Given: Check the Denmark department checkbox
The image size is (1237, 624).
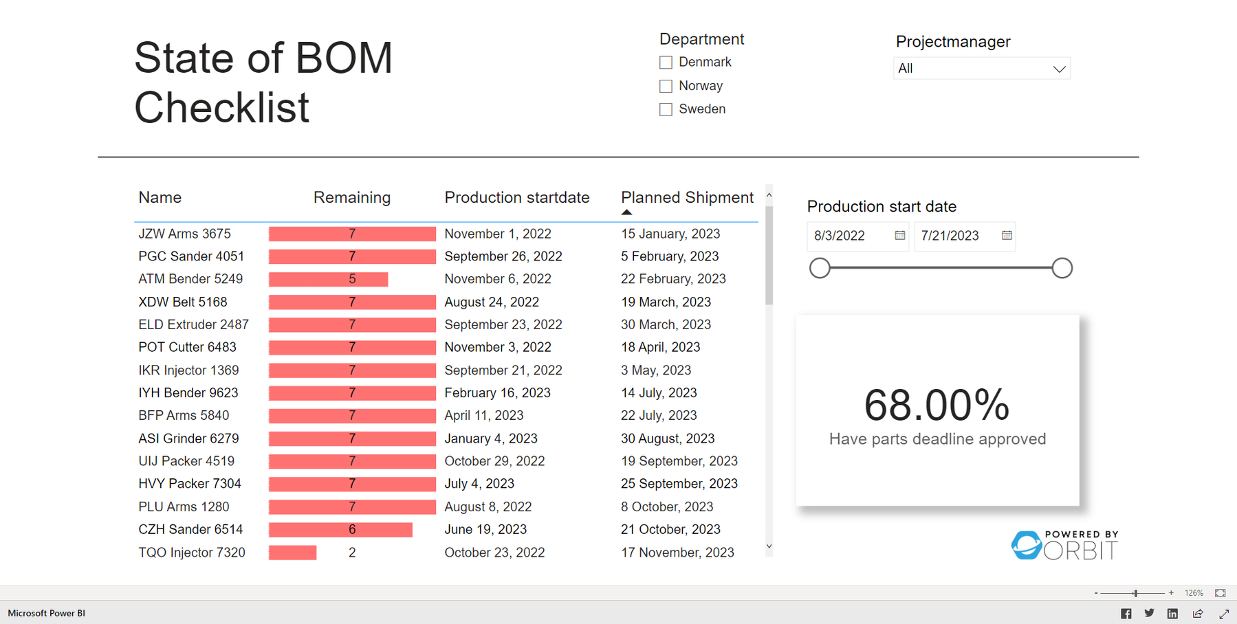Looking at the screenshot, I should pos(666,63).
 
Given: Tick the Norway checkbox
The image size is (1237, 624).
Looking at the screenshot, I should pos(666,86).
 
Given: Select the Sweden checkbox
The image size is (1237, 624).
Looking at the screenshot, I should pos(666,109).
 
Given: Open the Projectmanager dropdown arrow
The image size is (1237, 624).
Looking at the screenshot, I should pos(1059,69).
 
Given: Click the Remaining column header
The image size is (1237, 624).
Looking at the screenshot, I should pos(351,198).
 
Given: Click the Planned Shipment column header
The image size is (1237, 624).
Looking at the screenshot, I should pos(686,198).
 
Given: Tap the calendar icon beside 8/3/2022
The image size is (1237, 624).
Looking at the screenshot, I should pos(899,236).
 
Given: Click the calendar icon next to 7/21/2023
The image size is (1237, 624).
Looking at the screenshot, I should pos(1007,236).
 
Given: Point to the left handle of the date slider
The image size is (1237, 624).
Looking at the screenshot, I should pos(820,268).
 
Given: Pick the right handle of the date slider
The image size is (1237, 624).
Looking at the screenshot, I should pos(1062,268).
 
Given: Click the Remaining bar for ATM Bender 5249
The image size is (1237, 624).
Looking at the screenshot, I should pos(329,279).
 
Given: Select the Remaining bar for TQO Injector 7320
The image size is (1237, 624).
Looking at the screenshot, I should pos(293,553).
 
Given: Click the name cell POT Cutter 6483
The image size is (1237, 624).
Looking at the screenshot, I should pos(187,348).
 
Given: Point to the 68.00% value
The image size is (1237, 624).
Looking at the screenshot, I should pos(937,405).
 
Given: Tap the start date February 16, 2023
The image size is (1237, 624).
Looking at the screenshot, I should pos(497,393).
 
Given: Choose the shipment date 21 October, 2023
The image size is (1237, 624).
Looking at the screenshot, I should pos(670,530).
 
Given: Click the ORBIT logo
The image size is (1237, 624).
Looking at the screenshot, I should pos(1064,546).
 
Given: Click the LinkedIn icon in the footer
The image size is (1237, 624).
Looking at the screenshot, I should pos(1172,614).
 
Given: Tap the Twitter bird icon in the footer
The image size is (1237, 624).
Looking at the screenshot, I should pos(1149,614).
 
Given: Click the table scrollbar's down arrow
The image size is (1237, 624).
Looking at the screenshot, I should pos(769,547).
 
